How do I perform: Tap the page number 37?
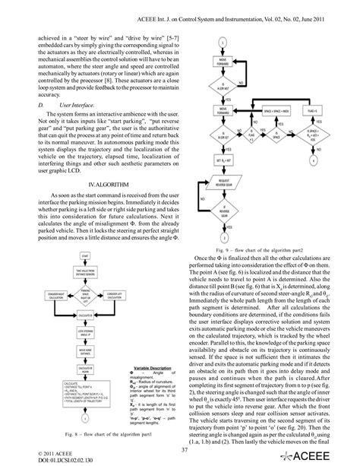pos(180,449)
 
